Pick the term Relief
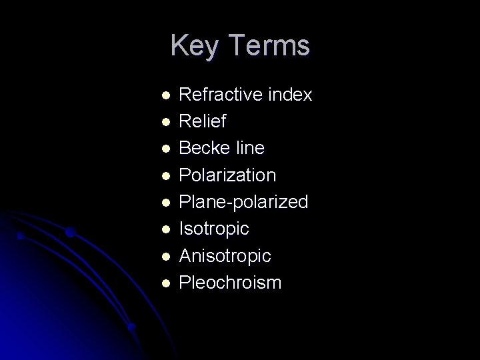(203, 121)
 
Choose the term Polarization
(227, 175)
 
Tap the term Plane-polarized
(244, 202)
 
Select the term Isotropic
(214, 229)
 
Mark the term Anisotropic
(225, 256)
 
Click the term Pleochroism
(231, 283)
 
